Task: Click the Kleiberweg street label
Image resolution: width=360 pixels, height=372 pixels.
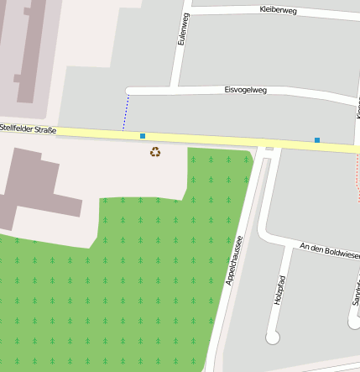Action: click(x=279, y=10)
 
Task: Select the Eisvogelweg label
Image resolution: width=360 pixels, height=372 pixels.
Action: click(x=245, y=89)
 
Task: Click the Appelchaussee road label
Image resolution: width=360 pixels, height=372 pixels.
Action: click(x=233, y=260)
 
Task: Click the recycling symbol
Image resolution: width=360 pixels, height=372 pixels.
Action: click(x=155, y=152)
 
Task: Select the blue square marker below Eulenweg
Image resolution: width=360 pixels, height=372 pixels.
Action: click(x=143, y=135)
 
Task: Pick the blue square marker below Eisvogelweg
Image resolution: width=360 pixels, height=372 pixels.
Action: click(x=317, y=139)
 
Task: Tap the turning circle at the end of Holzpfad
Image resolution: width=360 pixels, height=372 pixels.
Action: click(x=272, y=338)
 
